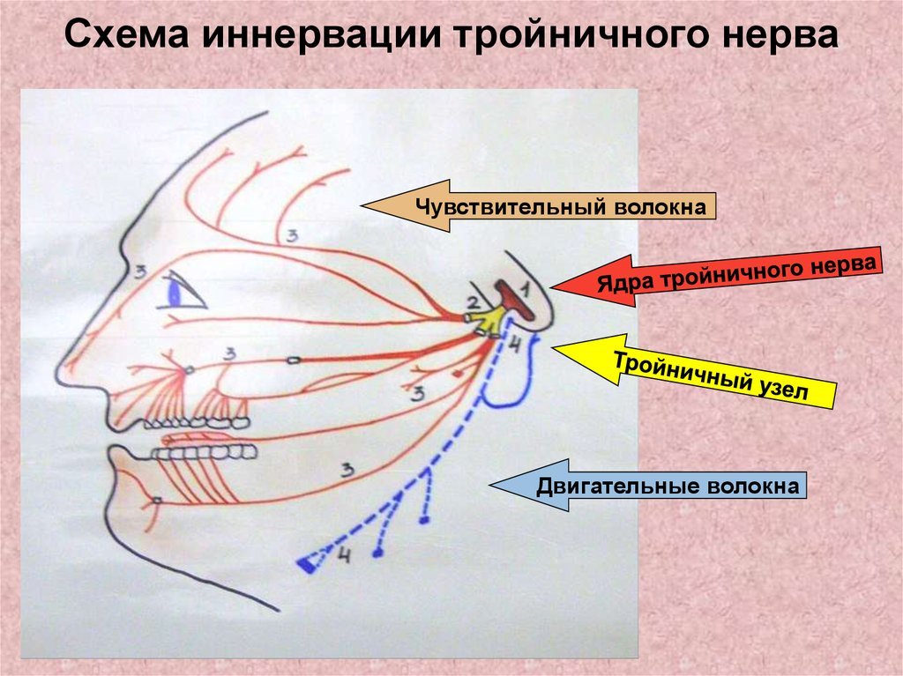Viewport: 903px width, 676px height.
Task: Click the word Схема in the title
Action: click(x=127, y=34)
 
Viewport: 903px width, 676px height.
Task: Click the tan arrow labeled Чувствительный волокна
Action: click(x=539, y=205)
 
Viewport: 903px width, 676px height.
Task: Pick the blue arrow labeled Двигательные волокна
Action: click(x=648, y=486)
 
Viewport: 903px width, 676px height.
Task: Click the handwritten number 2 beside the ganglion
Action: click(x=473, y=303)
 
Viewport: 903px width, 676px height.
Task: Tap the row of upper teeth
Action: click(x=197, y=423)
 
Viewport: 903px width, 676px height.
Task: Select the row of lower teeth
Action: click(x=204, y=453)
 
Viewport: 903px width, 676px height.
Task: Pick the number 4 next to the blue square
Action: click(x=344, y=555)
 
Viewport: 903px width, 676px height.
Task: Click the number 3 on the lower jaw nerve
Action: click(x=347, y=471)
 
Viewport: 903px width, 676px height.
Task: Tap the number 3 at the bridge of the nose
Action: click(x=140, y=271)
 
